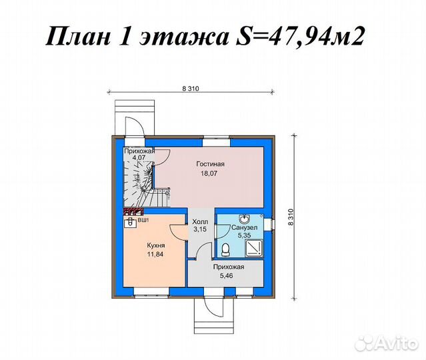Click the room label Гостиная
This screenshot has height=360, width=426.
coord(210,163)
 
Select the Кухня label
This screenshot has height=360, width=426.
coord(156,245)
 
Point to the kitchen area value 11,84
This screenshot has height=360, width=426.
coord(156,253)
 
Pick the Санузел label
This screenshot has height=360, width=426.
coord(241,227)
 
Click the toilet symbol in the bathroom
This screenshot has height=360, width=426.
coord(226,249)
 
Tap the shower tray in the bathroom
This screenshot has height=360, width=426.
coord(255,247)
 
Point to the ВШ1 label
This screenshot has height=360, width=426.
coord(143,219)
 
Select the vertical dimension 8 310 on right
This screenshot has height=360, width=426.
coord(290,216)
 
